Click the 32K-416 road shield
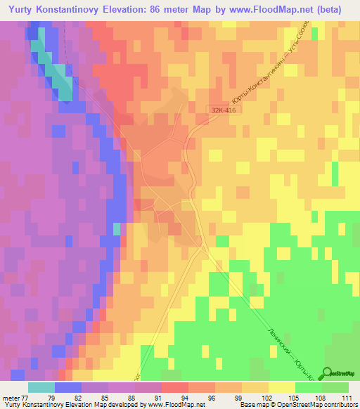(x=221, y=110)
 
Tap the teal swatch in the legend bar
(x=41, y=387)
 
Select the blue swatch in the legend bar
(x=67, y=387)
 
